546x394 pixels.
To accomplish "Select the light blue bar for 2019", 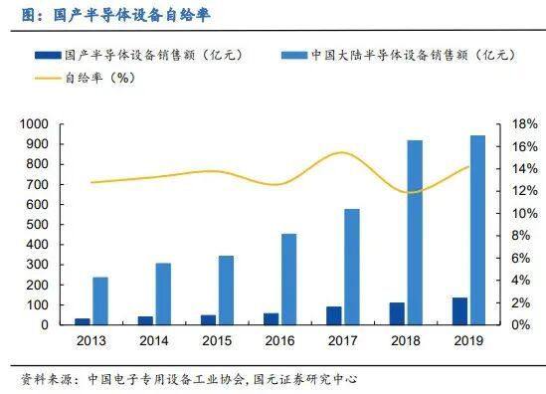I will coord(477,230).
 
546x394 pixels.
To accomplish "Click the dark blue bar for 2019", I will coord(459,310).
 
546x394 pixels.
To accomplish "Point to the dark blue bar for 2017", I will coord(334,314).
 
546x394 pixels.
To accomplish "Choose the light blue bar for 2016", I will coord(288,279).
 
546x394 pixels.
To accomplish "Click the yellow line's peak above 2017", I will coord(341,153).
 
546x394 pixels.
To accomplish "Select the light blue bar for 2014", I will coord(163,294).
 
